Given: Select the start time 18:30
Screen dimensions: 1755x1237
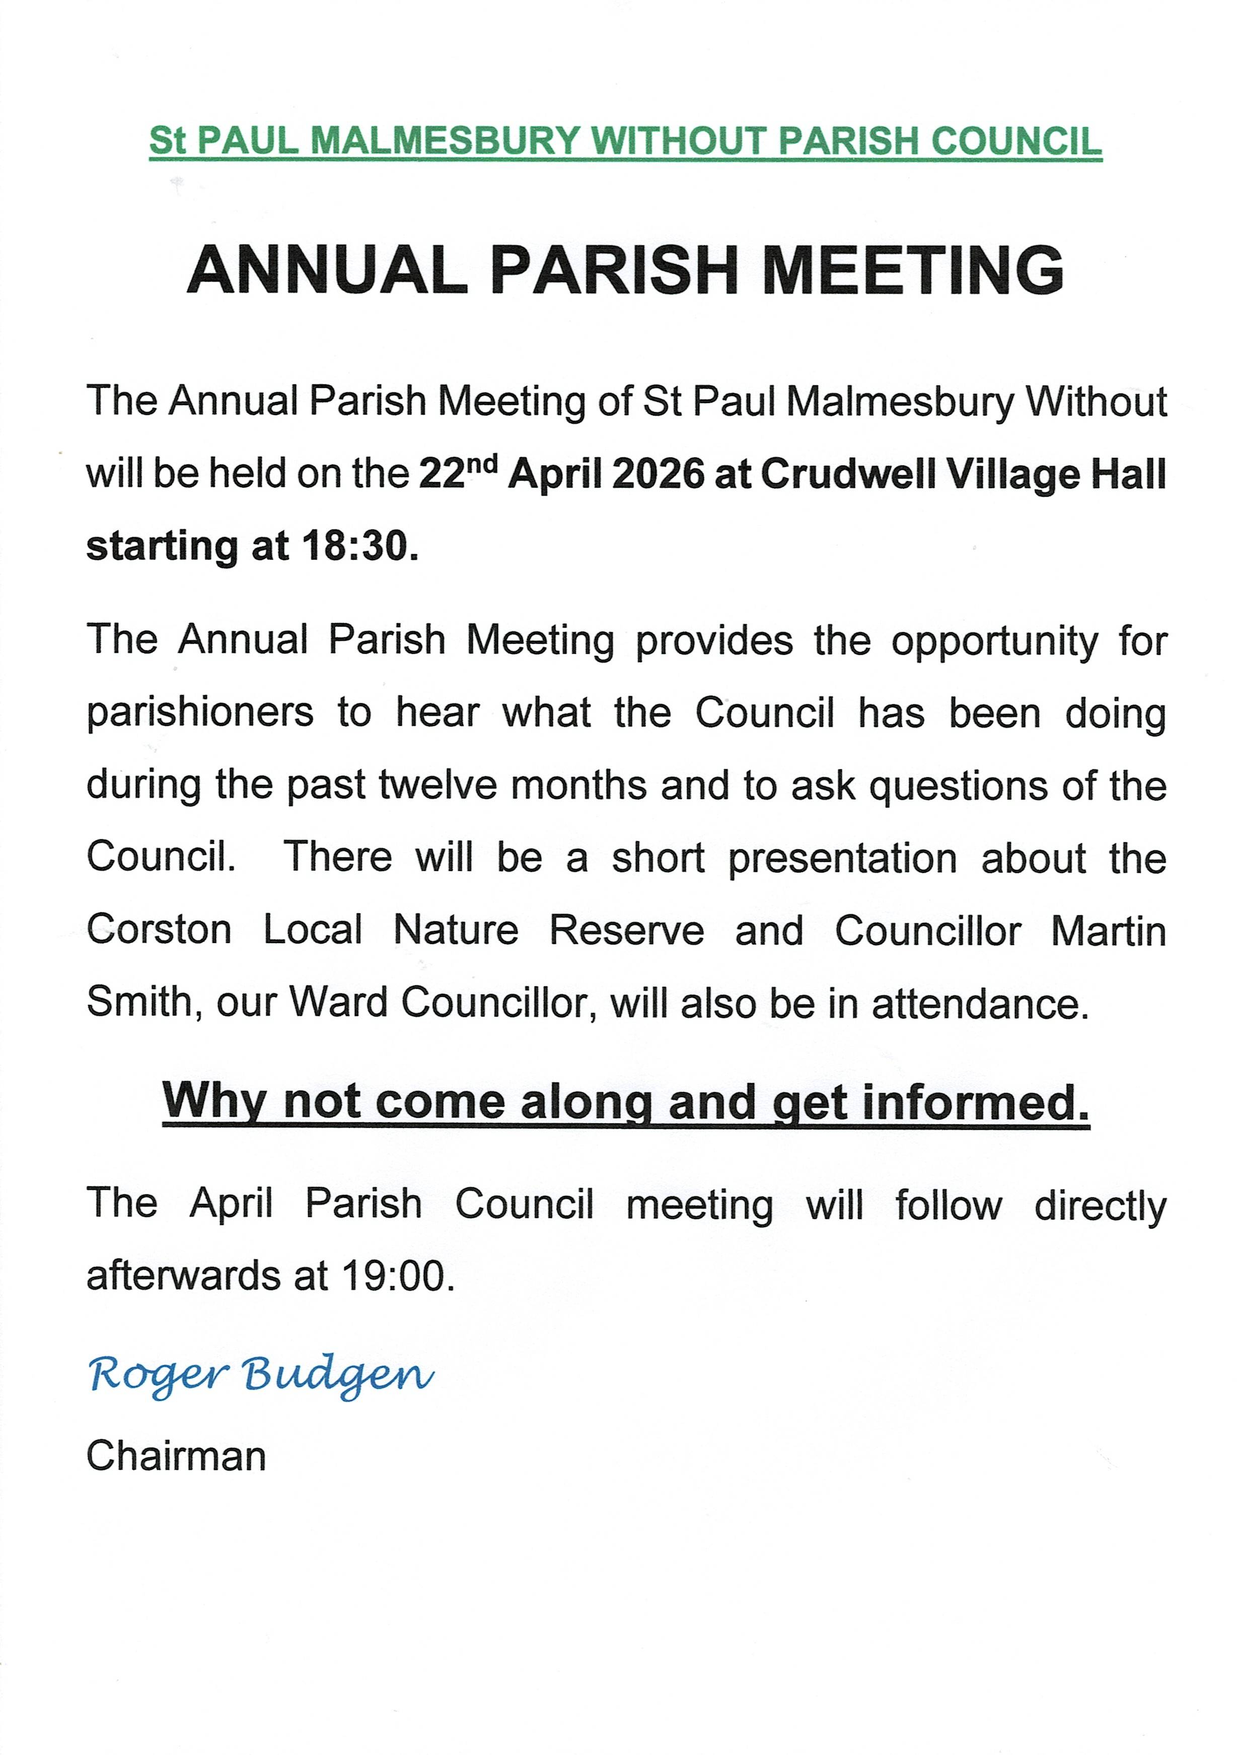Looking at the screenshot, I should tap(359, 546).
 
